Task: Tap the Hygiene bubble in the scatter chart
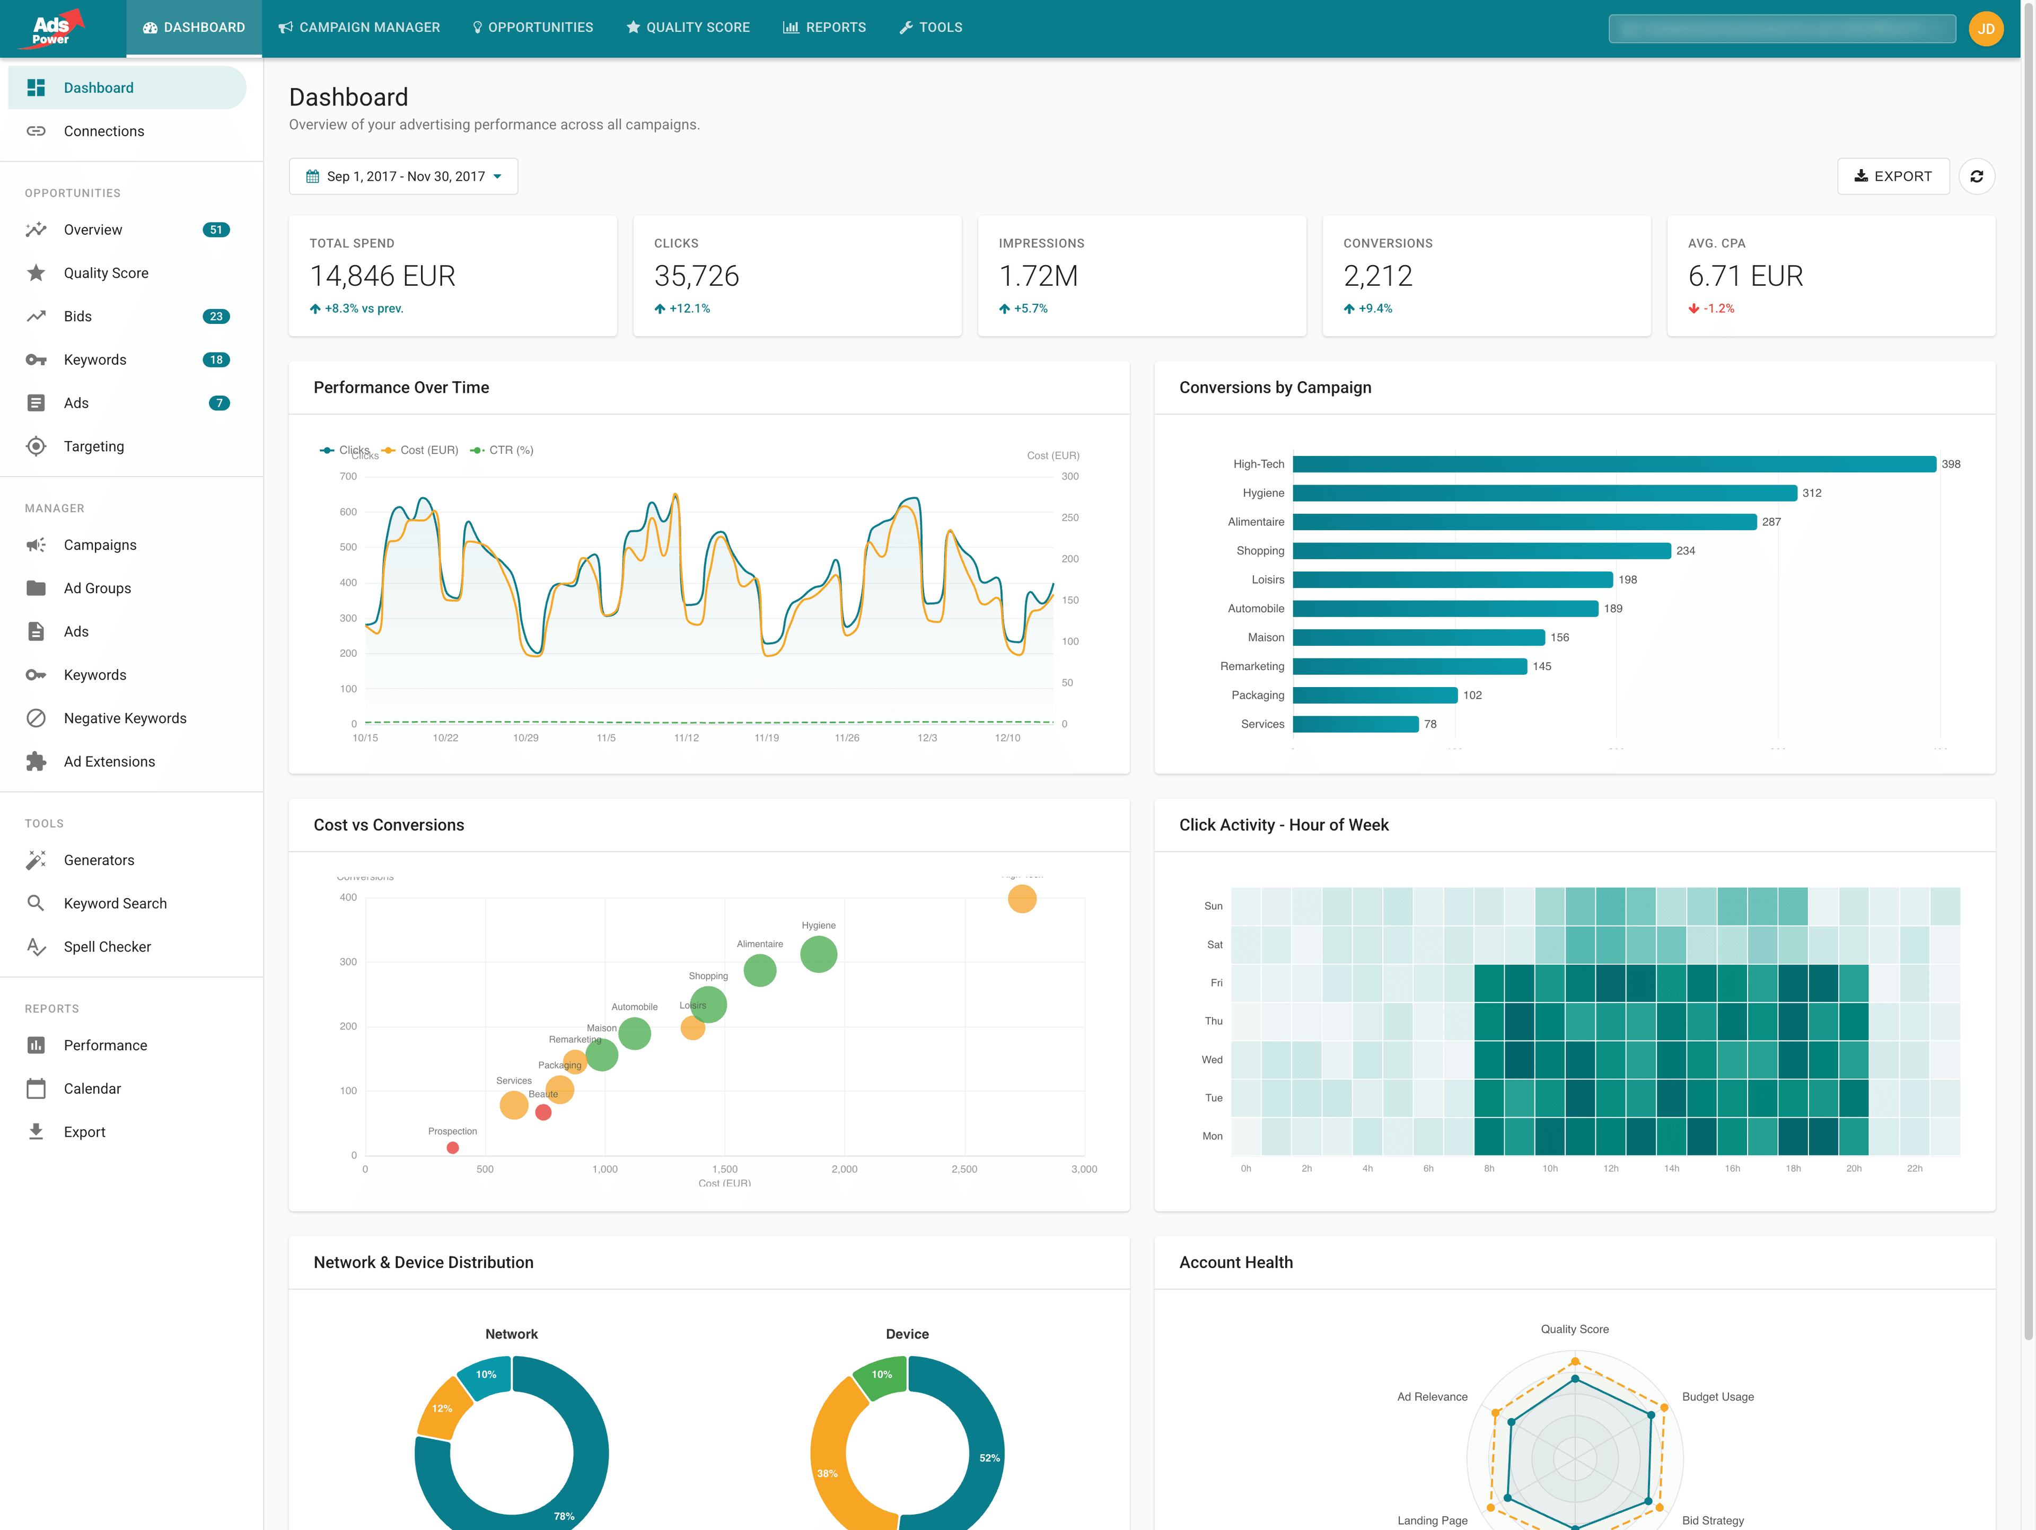818,954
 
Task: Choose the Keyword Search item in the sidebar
115,903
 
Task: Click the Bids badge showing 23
215,316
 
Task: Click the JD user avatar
1986,29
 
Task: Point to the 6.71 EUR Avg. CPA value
1744,276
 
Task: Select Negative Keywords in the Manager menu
125,718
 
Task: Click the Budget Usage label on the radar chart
1717,1396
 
